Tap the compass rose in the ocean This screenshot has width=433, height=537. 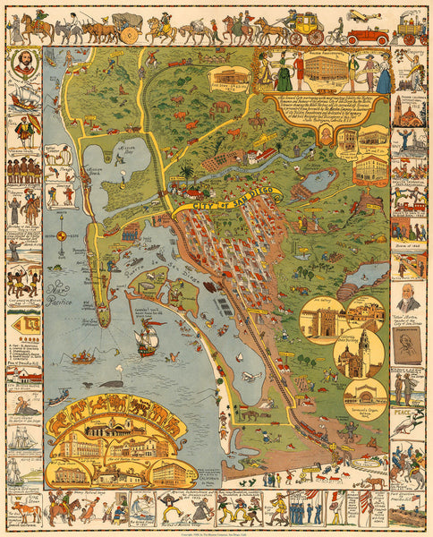point(61,236)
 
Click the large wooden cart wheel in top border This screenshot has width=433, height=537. point(130,35)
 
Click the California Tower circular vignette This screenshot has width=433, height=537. point(354,358)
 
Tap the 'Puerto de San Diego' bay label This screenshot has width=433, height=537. point(175,268)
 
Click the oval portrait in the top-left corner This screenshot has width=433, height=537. point(24,64)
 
